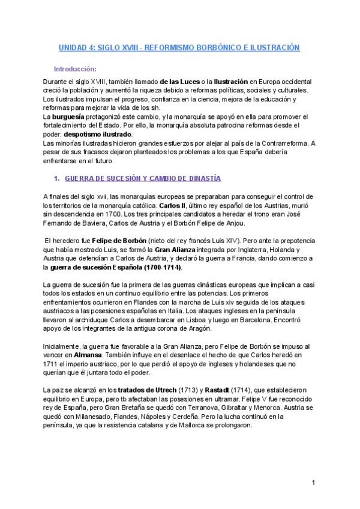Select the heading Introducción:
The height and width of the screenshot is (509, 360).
[x=75, y=69]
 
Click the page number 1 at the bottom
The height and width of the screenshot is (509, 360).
[x=313, y=482]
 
